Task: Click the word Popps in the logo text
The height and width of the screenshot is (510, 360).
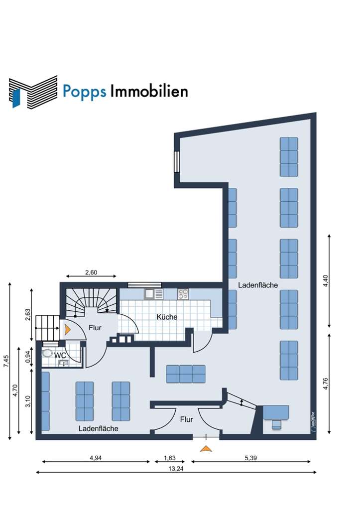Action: (x=84, y=92)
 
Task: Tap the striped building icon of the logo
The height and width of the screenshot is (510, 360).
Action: (x=33, y=91)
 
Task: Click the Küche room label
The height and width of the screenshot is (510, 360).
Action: (x=167, y=317)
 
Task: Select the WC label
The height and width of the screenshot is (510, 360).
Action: (x=61, y=355)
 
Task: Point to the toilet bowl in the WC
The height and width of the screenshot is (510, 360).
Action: (x=48, y=353)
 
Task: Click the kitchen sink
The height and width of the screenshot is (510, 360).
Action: (x=154, y=294)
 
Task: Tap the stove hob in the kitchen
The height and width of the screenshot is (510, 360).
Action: (x=183, y=294)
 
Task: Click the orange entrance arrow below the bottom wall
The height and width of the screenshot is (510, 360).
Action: (x=205, y=448)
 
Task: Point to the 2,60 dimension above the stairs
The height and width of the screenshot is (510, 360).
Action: (x=91, y=272)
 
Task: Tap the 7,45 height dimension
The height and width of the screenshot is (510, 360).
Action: (x=6, y=361)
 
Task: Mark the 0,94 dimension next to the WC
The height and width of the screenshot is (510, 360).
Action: (x=28, y=357)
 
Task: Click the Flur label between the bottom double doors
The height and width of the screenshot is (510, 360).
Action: (x=186, y=419)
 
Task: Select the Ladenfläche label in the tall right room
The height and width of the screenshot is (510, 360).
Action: (x=257, y=285)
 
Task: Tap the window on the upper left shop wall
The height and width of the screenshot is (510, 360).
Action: (x=176, y=161)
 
